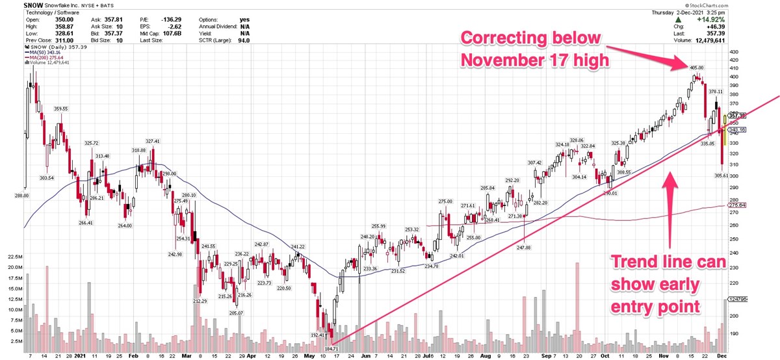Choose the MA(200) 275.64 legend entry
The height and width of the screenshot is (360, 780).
tap(47, 58)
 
